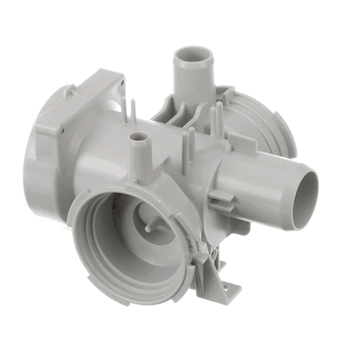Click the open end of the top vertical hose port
click(194, 54)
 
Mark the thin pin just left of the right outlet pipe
click(192, 148)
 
